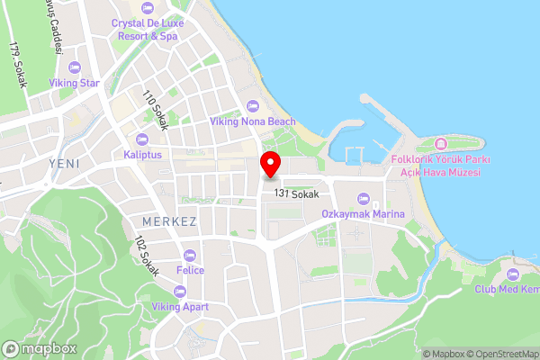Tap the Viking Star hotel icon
[x=75, y=67]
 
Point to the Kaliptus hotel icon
[x=142, y=139]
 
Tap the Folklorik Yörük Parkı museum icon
[x=440, y=144]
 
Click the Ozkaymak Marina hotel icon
[x=364, y=199]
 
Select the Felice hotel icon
[x=189, y=255]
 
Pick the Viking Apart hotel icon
[x=179, y=291]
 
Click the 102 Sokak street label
[x=145, y=256]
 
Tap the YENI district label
[x=66, y=163]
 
